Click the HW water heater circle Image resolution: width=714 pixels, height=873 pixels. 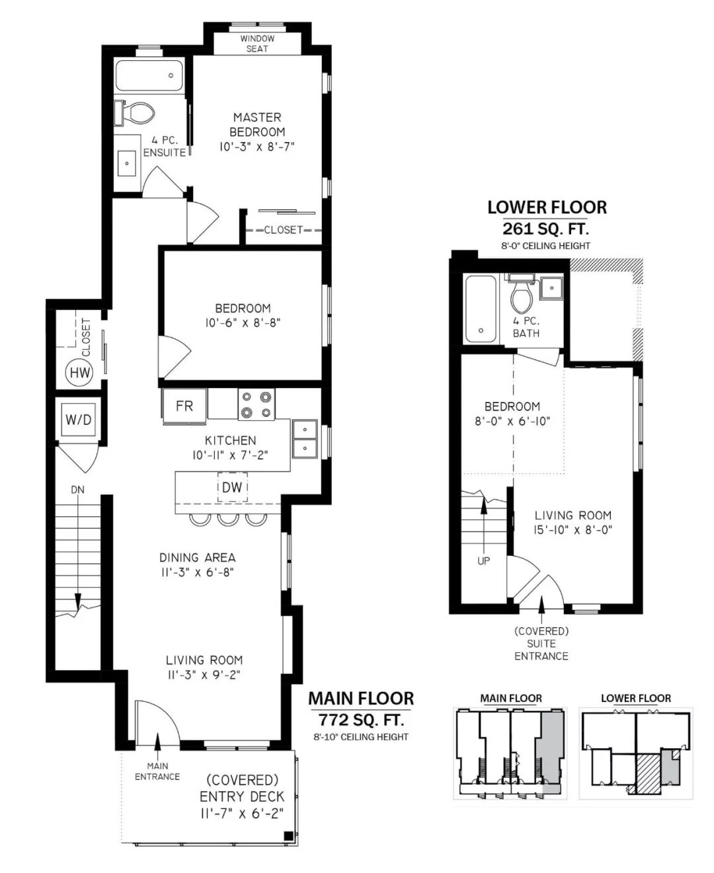79,373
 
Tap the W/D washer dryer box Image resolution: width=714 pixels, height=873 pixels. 79,420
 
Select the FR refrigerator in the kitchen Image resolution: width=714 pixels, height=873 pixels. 184,406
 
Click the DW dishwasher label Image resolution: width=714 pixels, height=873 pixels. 232,487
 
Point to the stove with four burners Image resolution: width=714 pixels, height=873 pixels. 257,404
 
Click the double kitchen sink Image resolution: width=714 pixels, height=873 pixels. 305,439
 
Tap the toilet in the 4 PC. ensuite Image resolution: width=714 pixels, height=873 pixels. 135,113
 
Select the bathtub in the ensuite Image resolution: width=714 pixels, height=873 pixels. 149,76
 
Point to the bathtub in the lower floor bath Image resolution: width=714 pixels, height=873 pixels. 481,309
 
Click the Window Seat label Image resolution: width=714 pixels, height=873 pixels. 257,44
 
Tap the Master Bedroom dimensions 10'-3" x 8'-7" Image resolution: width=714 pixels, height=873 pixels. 257,147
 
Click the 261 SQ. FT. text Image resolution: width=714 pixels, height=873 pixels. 545,229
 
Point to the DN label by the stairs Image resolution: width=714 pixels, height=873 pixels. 77,490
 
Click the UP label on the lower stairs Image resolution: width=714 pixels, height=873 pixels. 483,561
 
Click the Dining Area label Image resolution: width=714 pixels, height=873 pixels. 198,558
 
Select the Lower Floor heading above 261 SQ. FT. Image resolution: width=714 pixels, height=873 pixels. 547,208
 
